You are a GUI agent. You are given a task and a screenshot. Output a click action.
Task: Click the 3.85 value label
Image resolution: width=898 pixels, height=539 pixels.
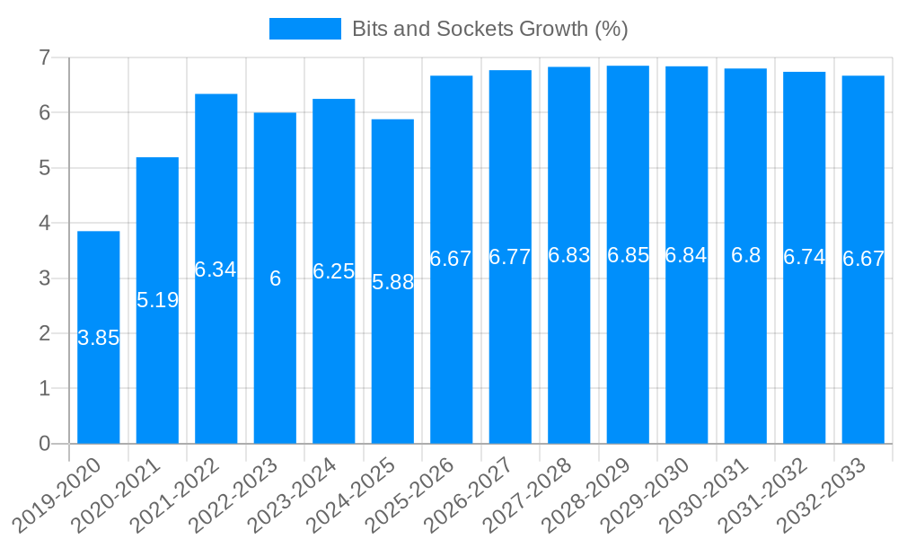pyautogui.click(x=99, y=339)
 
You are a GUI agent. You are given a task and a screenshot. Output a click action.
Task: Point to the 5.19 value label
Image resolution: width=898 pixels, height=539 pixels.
pyautogui.click(x=157, y=300)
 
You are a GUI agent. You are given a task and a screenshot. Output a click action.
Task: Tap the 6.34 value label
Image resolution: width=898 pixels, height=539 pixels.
pyautogui.click(x=216, y=269)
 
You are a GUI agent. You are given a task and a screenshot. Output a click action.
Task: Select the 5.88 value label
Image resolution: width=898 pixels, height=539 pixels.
pyautogui.click(x=392, y=282)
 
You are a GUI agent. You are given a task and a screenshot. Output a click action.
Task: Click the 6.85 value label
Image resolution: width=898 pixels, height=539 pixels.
pyautogui.click(x=628, y=255)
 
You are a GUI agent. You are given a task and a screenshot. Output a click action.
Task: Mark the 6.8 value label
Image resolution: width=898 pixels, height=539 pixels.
pyautogui.click(x=745, y=255)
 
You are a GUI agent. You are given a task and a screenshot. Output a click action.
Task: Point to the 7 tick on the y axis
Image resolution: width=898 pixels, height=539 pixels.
pyautogui.click(x=43, y=58)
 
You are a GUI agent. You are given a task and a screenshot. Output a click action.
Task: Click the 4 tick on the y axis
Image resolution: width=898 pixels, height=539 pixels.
pyautogui.click(x=43, y=224)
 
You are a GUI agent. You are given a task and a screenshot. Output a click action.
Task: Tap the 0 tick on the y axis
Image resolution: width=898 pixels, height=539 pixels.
pyautogui.click(x=43, y=444)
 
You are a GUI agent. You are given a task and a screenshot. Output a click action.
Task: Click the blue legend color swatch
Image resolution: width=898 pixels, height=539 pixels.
pyautogui.click(x=305, y=29)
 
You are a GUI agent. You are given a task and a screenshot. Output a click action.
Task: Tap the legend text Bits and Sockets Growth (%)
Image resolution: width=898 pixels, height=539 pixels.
pyautogui.click(x=489, y=29)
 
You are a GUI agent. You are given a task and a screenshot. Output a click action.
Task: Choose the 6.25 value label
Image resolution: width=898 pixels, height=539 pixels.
pyautogui.click(x=333, y=271)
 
